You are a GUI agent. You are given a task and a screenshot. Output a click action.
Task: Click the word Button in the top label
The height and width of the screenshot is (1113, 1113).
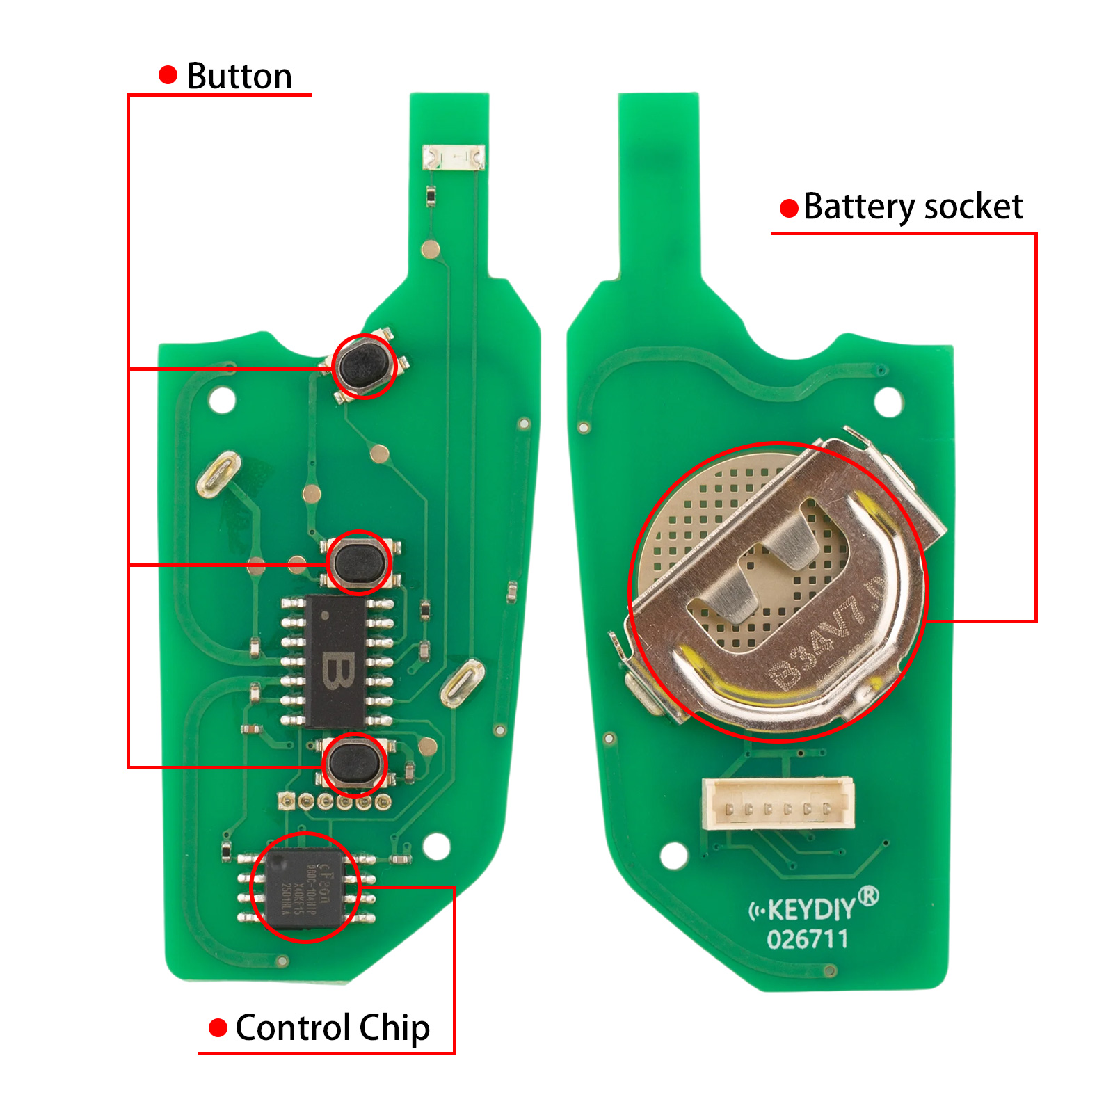click(x=239, y=76)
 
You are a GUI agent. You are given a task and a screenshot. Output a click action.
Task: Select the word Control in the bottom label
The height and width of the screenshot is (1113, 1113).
click(x=292, y=1027)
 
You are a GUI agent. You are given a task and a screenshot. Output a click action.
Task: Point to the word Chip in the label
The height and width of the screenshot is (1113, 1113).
click(x=394, y=1029)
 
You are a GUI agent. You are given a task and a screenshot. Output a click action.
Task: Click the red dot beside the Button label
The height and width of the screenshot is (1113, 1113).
click(x=168, y=75)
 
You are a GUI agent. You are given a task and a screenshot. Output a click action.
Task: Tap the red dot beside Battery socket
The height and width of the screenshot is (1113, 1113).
click(x=789, y=208)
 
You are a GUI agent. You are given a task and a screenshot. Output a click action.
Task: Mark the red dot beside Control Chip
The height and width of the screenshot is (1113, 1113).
click(x=218, y=1027)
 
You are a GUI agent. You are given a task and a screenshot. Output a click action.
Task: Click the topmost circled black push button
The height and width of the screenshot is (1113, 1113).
click(x=365, y=365)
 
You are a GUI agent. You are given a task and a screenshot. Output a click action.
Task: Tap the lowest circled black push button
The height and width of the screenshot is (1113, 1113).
click(x=355, y=762)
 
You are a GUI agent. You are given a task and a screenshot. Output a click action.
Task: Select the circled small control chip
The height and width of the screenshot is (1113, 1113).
click(x=305, y=888)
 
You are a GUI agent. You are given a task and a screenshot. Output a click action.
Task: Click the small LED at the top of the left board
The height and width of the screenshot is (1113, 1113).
click(x=454, y=157)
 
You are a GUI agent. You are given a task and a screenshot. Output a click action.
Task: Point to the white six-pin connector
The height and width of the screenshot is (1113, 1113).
click(x=778, y=803)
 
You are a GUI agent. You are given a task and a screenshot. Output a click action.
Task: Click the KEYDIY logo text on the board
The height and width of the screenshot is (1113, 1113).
click(x=812, y=908)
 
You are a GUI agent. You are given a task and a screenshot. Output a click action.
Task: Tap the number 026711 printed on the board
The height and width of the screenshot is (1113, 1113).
click(x=807, y=940)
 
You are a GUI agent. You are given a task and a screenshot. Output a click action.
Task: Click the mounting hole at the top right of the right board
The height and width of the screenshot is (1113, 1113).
click(x=888, y=402)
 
